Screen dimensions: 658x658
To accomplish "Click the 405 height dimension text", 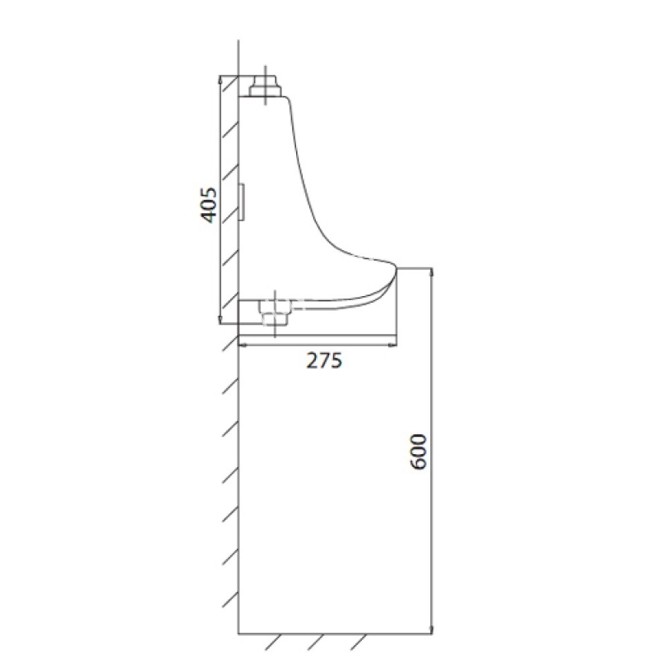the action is (x=209, y=205).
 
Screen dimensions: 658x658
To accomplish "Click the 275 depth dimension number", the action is (x=324, y=360).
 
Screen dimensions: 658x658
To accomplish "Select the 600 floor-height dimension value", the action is (x=419, y=452).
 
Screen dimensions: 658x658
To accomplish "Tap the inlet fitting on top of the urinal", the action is (x=264, y=86).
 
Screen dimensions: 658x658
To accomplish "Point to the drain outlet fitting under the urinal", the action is (x=275, y=313).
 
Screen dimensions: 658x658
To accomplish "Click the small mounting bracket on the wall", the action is (x=242, y=202).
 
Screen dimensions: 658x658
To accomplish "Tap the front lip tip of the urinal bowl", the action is (x=396, y=269).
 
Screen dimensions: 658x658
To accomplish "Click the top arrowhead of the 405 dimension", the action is (x=220, y=79).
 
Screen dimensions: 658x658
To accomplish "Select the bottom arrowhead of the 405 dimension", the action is (x=220, y=320).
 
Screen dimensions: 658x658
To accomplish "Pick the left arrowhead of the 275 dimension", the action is (x=243, y=345).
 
